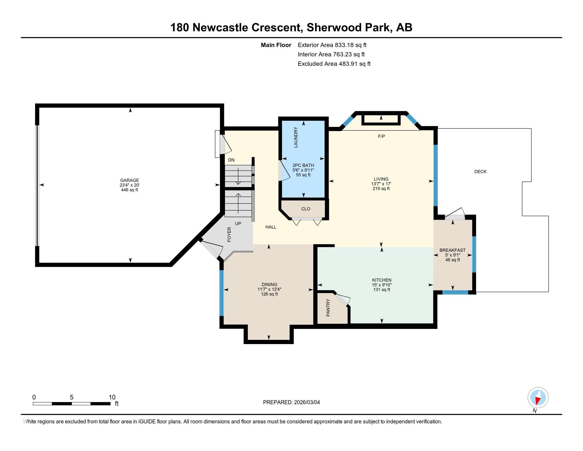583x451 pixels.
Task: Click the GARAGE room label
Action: click(x=130, y=180)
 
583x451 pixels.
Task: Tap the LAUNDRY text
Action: click(x=296, y=137)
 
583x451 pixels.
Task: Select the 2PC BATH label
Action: click(x=303, y=165)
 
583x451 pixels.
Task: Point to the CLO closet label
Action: click(x=306, y=209)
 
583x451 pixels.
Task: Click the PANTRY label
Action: click(x=328, y=308)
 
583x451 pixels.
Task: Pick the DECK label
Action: click(x=480, y=172)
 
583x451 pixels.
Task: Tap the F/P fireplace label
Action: click(x=381, y=136)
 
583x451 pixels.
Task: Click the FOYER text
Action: click(x=229, y=234)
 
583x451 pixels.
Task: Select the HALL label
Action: click(x=271, y=227)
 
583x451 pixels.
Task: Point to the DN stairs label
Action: click(x=231, y=160)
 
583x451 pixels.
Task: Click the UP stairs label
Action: click(x=238, y=223)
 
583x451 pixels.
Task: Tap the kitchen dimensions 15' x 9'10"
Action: click(x=382, y=285)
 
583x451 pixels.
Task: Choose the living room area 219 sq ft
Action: click(x=381, y=189)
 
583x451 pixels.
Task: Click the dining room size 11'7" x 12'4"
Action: click(x=269, y=289)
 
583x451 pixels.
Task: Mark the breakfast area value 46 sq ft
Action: click(x=452, y=260)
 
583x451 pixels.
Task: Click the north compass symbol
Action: click(x=538, y=397)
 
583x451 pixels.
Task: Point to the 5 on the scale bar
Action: click(x=72, y=397)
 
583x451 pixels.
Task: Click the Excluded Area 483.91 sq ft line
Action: click(x=334, y=64)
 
